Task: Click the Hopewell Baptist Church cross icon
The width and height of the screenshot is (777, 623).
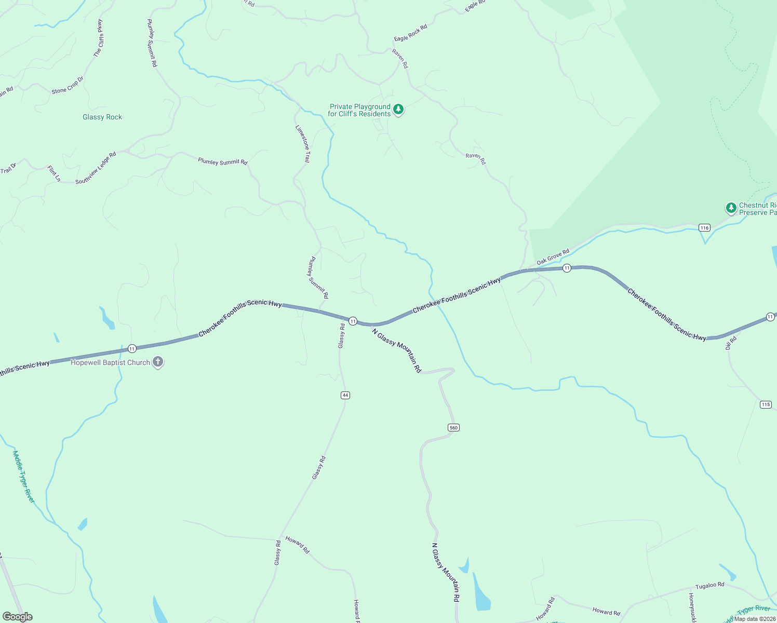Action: pyautogui.click(x=158, y=362)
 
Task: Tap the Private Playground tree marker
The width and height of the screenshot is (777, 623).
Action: pyautogui.click(x=398, y=110)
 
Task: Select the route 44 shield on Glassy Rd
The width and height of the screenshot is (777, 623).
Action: pyautogui.click(x=345, y=395)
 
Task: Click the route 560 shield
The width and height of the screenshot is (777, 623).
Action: pyautogui.click(x=453, y=427)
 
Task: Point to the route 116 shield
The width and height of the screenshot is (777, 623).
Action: pyautogui.click(x=704, y=227)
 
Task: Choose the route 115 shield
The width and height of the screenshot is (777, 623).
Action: pyautogui.click(x=766, y=404)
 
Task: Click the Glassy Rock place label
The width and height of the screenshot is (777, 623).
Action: pyautogui.click(x=102, y=117)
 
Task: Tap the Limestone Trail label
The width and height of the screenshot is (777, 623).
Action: pyautogui.click(x=302, y=144)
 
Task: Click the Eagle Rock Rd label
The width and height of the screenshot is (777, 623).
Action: pyautogui.click(x=410, y=33)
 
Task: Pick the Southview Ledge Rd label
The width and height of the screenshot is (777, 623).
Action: pyautogui.click(x=96, y=168)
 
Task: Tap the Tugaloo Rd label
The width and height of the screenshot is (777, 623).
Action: pyautogui.click(x=709, y=585)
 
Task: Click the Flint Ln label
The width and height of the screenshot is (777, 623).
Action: pyautogui.click(x=54, y=173)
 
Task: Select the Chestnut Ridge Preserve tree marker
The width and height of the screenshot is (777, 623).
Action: pyautogui.click(x=731, y=208)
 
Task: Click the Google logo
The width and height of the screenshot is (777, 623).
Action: pyautogui.click(x=17, y=617)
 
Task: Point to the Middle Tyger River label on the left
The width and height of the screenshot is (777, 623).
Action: pyautogui.click(x=24, y=476)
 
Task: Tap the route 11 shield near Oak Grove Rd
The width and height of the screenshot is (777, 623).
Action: pyautogui.click(x=567, y=268)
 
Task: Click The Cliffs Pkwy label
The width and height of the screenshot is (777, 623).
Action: pyautogui.click(x=98, y=38)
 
